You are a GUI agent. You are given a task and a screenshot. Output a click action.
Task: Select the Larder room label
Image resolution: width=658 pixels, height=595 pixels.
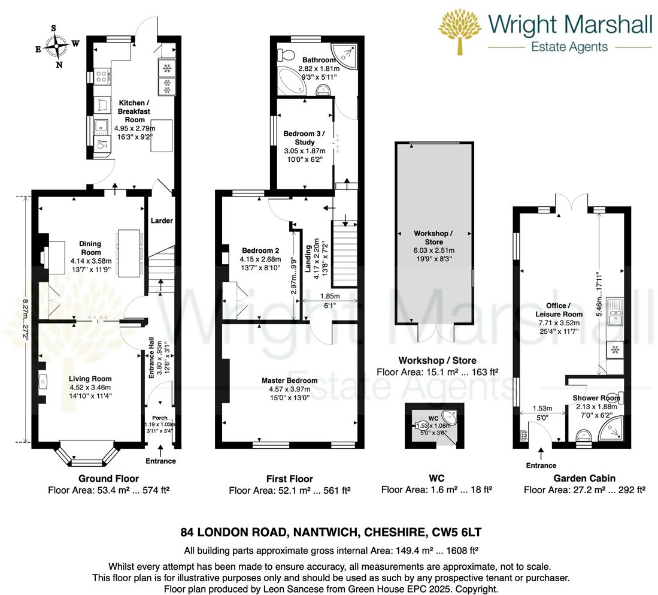161,221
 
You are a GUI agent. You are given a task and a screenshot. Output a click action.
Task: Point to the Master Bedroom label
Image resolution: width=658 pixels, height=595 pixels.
289,380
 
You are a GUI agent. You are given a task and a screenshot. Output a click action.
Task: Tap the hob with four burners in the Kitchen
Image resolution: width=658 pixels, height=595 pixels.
101,77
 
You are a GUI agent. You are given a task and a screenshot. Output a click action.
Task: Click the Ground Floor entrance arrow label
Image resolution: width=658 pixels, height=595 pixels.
160,461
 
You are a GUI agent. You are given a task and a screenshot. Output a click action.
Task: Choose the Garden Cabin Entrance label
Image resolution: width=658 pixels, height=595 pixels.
541,465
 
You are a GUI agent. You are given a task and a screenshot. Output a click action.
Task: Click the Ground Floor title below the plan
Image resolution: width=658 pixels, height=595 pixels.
108,478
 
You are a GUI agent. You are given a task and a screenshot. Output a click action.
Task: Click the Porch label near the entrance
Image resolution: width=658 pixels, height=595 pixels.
160,418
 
